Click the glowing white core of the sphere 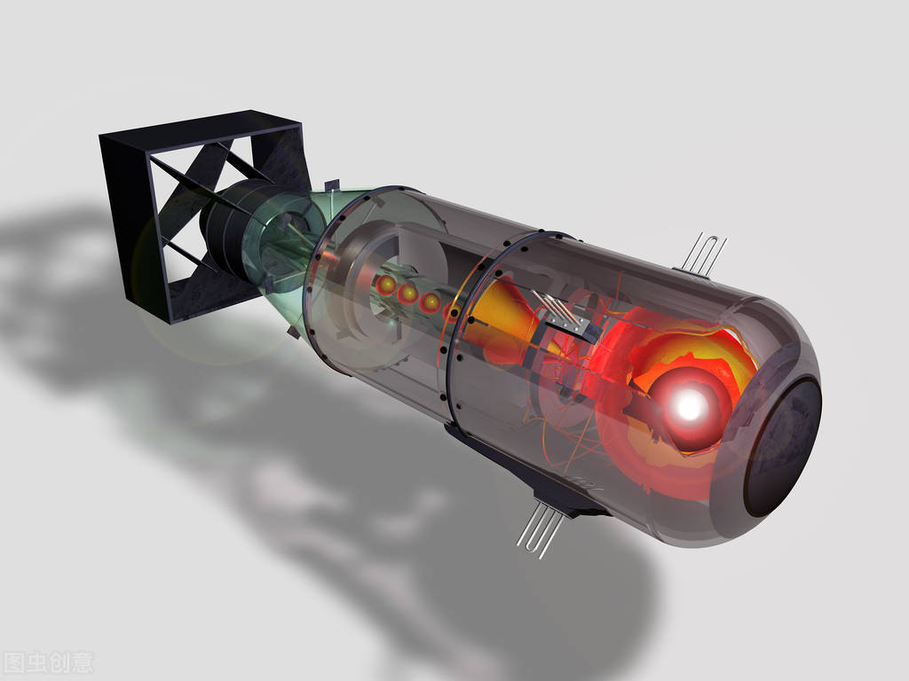pos(691,406)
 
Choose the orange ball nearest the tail pos(387,284)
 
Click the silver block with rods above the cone pos(565,315)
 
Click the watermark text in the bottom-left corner pos(48,662)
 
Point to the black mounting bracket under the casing pos(533,479)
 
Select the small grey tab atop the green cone pos(332,185)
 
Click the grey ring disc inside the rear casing pos(355,293)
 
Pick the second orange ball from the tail pos(408,294)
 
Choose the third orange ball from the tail pos(431,303)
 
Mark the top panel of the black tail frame pos(200,126)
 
